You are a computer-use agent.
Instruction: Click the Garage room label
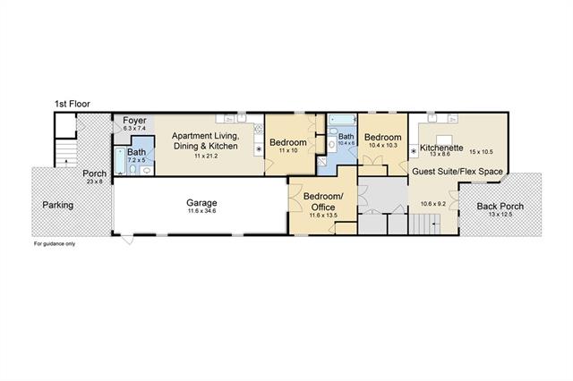(201, 202)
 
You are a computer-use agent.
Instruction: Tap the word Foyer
(134, 120)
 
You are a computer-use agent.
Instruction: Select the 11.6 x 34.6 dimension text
(201, 211)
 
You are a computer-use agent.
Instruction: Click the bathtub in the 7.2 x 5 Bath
(120, 161)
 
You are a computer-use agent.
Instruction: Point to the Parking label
(57, 205)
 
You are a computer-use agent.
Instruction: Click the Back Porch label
(500, 207)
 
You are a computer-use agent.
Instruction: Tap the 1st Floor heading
(73, 104)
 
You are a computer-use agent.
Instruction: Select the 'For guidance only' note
(55, 244)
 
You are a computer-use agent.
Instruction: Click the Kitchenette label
(441, 148)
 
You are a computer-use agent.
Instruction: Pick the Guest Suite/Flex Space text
(458, 172)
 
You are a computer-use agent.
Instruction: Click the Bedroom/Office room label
(323, 202)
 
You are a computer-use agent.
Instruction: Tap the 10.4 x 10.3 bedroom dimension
(382, 145)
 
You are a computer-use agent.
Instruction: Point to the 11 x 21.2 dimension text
(206, 157)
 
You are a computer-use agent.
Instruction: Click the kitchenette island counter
(444, 140)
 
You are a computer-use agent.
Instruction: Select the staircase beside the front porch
(66, 153)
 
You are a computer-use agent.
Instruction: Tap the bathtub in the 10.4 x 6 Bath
(342, 119)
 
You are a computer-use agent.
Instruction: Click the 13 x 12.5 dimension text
(500, 215)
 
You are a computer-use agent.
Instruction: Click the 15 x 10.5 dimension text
(482, 152)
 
